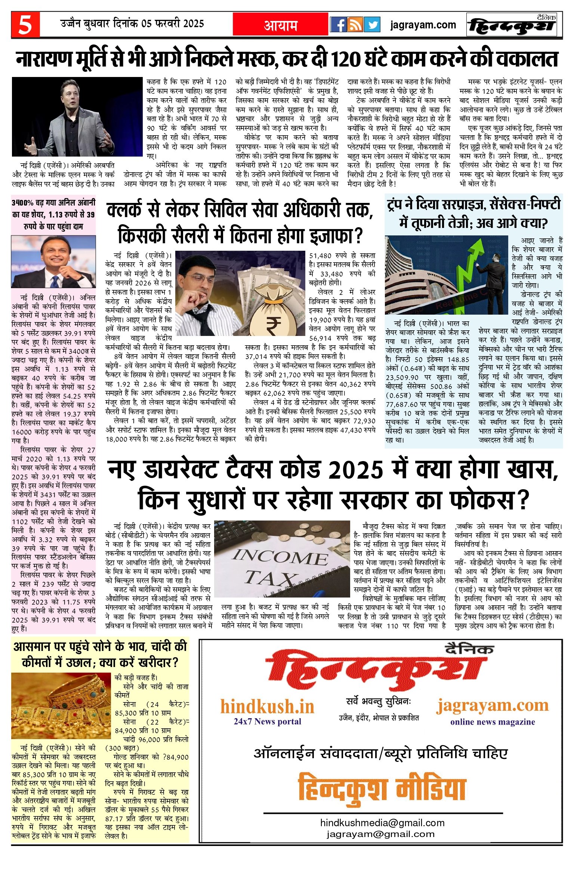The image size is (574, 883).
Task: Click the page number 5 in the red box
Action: pos(25,25)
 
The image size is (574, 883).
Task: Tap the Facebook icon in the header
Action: pos(339,25)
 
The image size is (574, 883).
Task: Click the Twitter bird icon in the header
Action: pos(372,25)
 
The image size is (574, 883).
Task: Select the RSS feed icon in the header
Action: pos(355,25)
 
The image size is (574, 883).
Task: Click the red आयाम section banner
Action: pos(281,25)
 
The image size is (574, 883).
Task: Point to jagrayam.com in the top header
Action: pos(423,25)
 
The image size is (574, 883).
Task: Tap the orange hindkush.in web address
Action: pos(267,707)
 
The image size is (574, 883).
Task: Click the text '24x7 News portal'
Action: pos(267,722)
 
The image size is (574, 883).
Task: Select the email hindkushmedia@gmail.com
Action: pos(382,823)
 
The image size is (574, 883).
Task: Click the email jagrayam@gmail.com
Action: pos(380,834)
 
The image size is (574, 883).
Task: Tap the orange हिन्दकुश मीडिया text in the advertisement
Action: pos(382,788)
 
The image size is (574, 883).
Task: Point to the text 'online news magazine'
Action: pos(492,722)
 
